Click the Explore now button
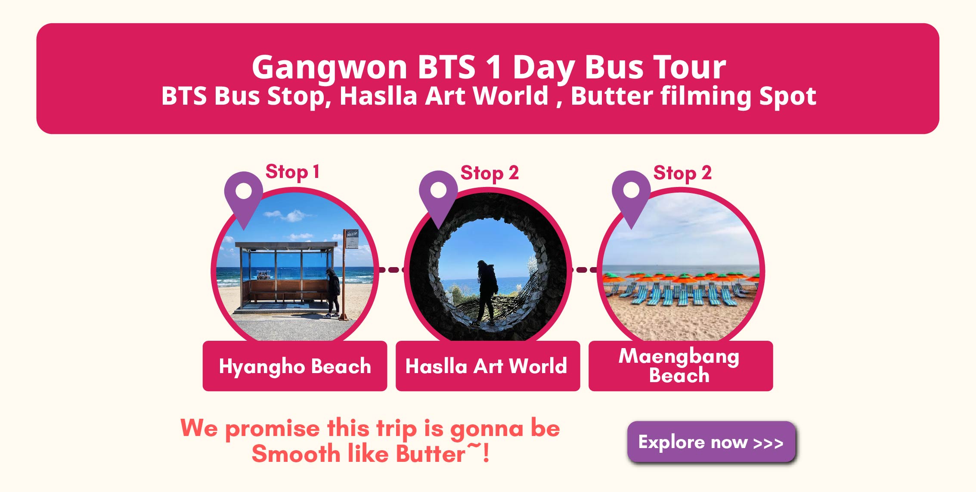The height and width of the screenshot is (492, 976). pyautogui.click(x=711, y=442)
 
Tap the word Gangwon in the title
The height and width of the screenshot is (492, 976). pyautogui.click(x=329, y=68)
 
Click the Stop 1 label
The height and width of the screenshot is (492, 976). pyautogui.click(x=292, y=172)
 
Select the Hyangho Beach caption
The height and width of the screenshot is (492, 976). pyautogui.click(x=295, y=366)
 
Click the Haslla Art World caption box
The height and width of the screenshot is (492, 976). pyautogui.click(x=488, y=366)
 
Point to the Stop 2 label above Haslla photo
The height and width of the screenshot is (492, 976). pyautogui.click(x=490, y=173)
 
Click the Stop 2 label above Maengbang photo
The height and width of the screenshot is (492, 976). pyautogui.click(x=682, y=173)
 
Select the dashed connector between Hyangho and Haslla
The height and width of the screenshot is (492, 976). pyautogui.click(x=391, y=270)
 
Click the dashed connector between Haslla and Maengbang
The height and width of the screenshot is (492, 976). pyautogui.click(x=584, y=270)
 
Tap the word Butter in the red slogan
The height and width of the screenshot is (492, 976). pyautogui.click(x=431, y=454)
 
